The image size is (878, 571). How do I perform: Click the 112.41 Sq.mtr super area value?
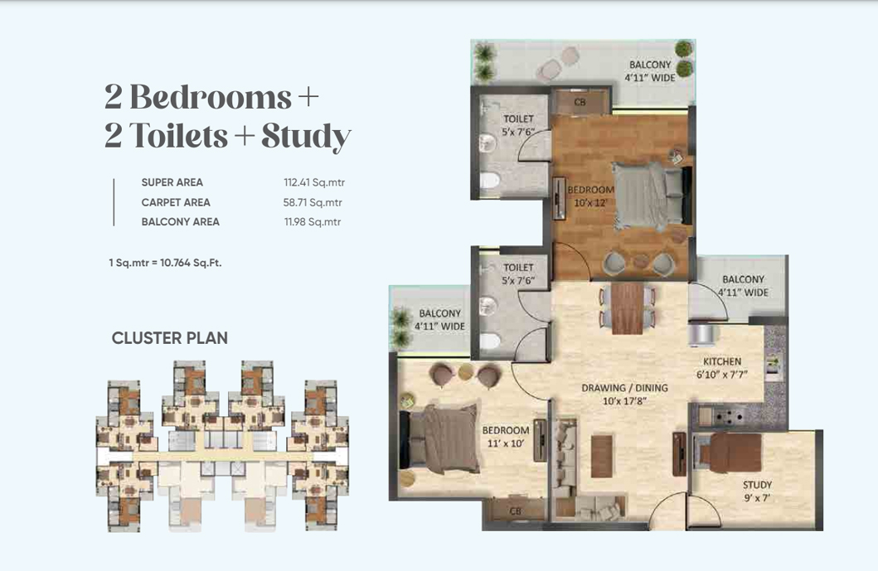tap(314, 182)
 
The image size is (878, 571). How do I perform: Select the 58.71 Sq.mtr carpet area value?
tap(313, 203)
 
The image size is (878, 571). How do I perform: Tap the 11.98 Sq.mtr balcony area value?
tap(313, 221)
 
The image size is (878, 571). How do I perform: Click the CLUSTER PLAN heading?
tap(170, 338)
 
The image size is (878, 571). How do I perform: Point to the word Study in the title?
tap(306, 136)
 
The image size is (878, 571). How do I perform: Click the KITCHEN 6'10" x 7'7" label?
tap(722, 368)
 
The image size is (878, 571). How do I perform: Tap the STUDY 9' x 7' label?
tap(758, 491)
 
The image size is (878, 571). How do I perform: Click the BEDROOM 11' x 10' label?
tap(506, 437)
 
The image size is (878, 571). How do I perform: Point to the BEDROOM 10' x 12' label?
tap(591, 196)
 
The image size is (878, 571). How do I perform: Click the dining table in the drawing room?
tap(628, 307)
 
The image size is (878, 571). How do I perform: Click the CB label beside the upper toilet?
tap(580, 103)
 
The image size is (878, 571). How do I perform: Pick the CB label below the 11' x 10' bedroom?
tap(515, 511)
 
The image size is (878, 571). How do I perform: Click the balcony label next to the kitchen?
tap(743, 285)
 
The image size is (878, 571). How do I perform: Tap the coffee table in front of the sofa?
tap(601, 457)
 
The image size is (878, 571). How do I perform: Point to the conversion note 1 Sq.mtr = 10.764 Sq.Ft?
tap(165, 263)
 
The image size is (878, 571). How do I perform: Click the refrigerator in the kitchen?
tap(701, 336)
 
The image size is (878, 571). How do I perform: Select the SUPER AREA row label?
tap(172, 182)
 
